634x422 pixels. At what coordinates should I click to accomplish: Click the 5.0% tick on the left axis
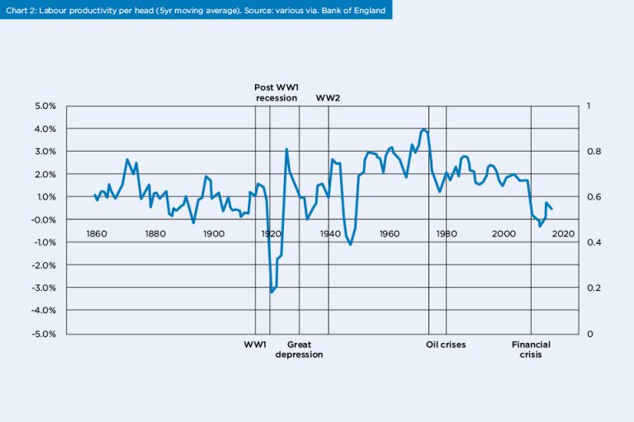click(x=43, y=106)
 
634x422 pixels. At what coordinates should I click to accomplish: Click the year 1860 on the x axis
click(x=97, y=234)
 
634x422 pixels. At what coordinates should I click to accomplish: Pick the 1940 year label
click(x=330, y=234)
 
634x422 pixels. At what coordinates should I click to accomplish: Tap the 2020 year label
click(x=563, y=234)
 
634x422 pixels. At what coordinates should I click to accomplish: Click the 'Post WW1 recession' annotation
click(x=276, y=92)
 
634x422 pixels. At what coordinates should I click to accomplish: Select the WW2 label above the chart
click(x=328, y=98)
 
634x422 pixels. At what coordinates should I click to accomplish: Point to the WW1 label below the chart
click(x=255, y=345)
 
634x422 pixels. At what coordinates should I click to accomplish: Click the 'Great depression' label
click(x=299, y=349)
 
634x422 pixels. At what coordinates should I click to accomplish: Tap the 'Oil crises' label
click(x=446, y=345)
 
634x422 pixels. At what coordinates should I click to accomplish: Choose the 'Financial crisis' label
click(x=531, y=349)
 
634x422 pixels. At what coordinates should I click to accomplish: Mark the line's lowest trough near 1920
click(x=272, y=292)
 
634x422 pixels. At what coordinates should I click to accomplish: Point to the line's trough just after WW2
click(x=350, y=245)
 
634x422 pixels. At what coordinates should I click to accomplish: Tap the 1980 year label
click(x=447, y=234)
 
